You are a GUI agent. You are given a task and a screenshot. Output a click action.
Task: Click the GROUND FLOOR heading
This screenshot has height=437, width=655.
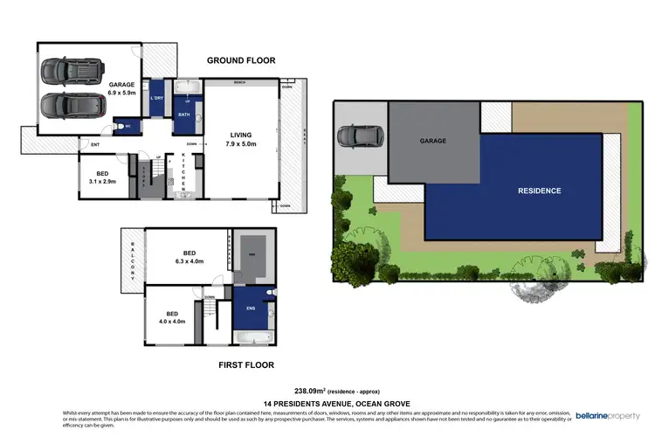point(240,61)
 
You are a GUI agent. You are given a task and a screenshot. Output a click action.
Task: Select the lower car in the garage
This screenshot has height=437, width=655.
point(74,106)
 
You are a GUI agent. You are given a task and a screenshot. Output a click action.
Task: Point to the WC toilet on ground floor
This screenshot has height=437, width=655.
point(120,125)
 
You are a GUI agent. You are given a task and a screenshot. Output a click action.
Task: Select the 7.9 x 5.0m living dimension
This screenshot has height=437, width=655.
point(240,144)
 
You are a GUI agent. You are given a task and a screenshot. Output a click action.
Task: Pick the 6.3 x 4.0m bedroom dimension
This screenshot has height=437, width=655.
point(189,260)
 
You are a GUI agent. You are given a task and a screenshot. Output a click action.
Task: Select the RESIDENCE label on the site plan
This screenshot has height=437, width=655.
point(539,191)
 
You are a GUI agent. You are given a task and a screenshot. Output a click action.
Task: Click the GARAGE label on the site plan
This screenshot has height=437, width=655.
point(433,141)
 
